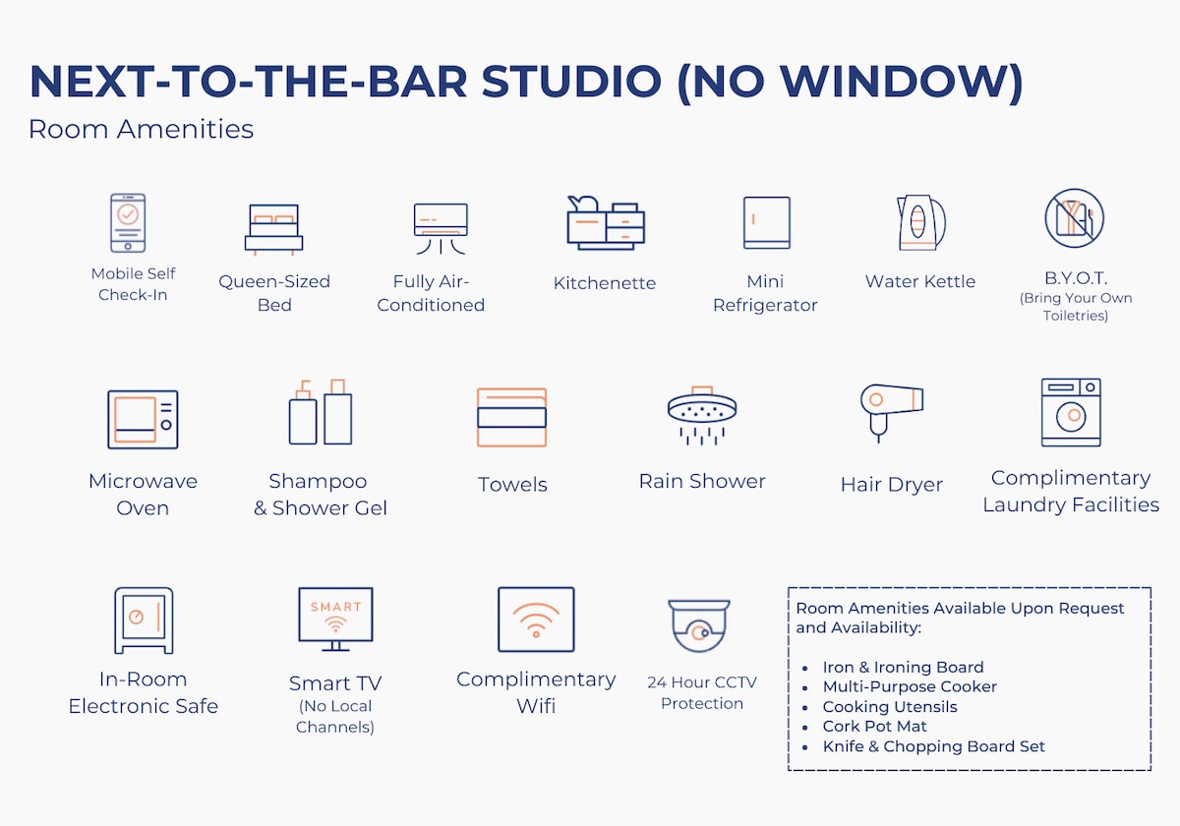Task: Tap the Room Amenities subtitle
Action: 142,129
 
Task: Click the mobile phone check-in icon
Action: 128,223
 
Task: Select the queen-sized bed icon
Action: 274,230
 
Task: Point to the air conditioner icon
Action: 441,228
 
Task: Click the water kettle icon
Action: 920,222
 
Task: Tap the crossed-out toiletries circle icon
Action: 1075,218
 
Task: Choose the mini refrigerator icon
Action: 766,222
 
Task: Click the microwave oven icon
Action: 143,419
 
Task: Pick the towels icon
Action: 511,417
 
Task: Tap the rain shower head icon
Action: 702,416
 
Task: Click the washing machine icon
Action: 1071,412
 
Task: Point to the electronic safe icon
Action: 144,620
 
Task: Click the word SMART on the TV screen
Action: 335,607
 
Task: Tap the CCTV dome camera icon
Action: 699,625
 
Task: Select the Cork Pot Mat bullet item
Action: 874,727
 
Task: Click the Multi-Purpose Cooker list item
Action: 910,687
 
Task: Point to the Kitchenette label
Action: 605,283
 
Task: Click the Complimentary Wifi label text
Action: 536,692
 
